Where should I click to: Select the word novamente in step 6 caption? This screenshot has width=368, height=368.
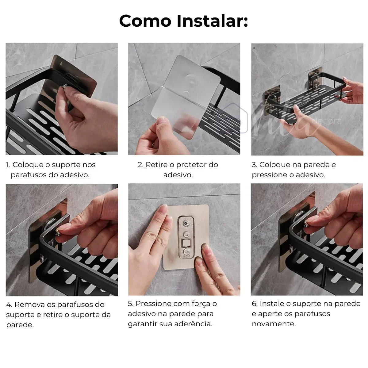click(x=274, y=324)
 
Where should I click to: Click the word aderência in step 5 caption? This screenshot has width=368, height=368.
click(x=194, y=324)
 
